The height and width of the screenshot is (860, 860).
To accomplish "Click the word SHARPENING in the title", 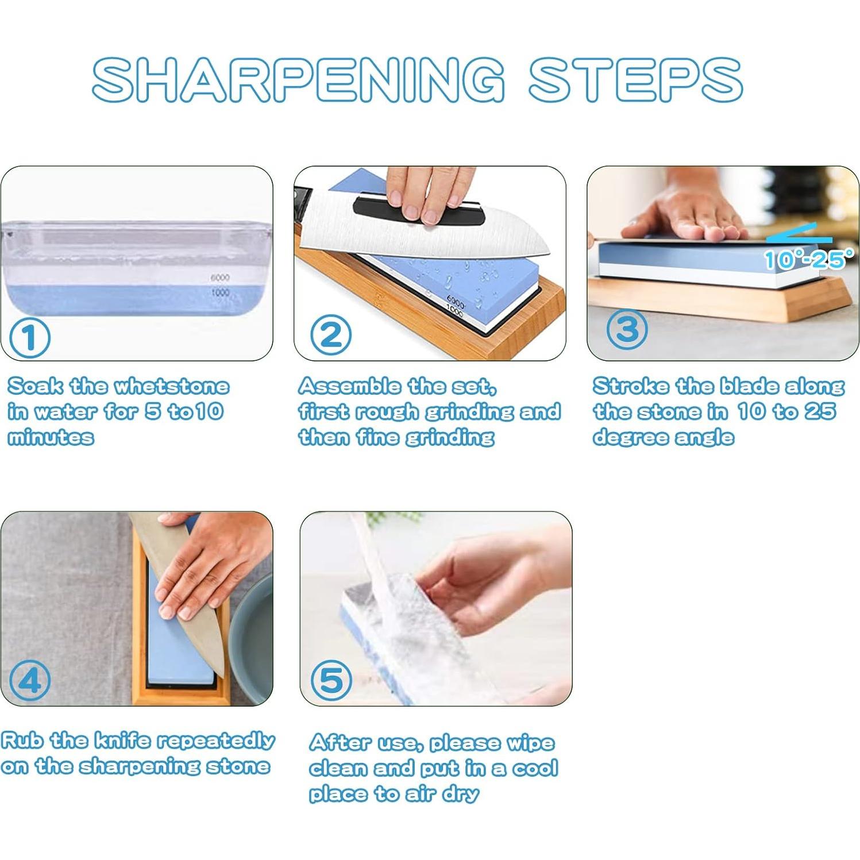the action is [x=299, y=80].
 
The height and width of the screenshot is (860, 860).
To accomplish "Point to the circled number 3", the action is [x=627, y=329].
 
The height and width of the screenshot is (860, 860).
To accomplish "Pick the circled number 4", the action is [x=30, y=680].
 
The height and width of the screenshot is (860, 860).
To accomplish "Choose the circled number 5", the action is [x=331, y=681].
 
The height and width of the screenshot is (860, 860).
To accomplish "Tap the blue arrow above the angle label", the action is [x=800, y=238].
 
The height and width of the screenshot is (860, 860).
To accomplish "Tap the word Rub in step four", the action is [x=22, y=740].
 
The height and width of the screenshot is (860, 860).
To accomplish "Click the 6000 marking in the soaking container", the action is [x=219, y=277].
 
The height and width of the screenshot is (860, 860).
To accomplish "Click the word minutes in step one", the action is [x=51, y=438].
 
